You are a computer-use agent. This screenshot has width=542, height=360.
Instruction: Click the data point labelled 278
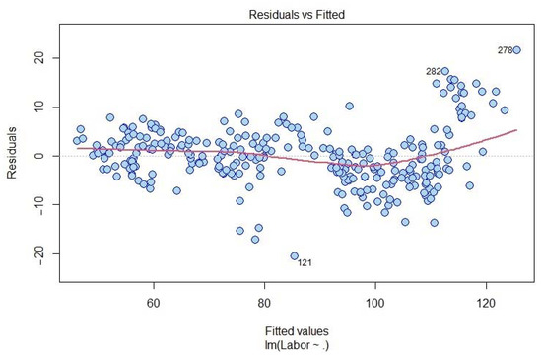(516, 50)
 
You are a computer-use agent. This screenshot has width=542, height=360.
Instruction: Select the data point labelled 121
(294, 255)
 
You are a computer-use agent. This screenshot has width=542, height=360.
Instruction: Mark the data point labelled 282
(445, 72)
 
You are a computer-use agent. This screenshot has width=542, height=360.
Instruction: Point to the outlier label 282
(433, 71)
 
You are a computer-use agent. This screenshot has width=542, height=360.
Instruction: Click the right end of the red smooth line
(516, 129)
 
